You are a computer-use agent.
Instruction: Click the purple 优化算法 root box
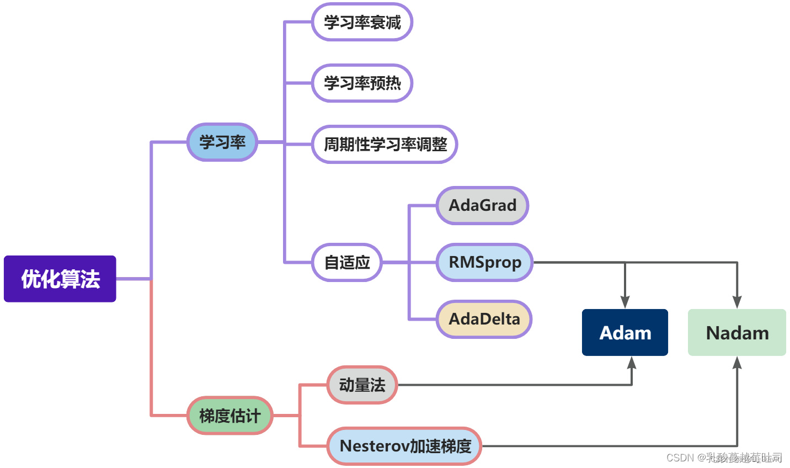pos(60,279)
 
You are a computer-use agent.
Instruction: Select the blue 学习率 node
pos(222,142)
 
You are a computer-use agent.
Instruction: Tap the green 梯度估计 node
pos(230,416)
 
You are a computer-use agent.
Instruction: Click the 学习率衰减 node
pos(362,22)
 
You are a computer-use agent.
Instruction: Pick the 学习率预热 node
pos(362,83)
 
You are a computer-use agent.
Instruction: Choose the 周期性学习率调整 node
pos(385,145)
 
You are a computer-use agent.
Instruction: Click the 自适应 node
pos(347,263)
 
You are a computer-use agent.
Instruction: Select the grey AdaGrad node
pos(483,205)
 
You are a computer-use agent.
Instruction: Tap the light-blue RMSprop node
pos(485,262)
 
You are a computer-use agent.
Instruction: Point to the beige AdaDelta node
pos(484,319)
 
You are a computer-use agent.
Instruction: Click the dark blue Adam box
pos(625,333)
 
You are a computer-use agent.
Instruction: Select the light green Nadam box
pos(737,333)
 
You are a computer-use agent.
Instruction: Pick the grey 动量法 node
pos(362,385)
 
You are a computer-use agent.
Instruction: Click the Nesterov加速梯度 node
pos(405,446)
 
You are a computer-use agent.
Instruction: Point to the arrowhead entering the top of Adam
pos(625,302)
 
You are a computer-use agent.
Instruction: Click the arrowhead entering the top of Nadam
pos(737,302)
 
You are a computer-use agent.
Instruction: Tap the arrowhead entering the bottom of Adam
pos(632,363)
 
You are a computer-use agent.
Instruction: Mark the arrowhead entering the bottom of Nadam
pos(737,363)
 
